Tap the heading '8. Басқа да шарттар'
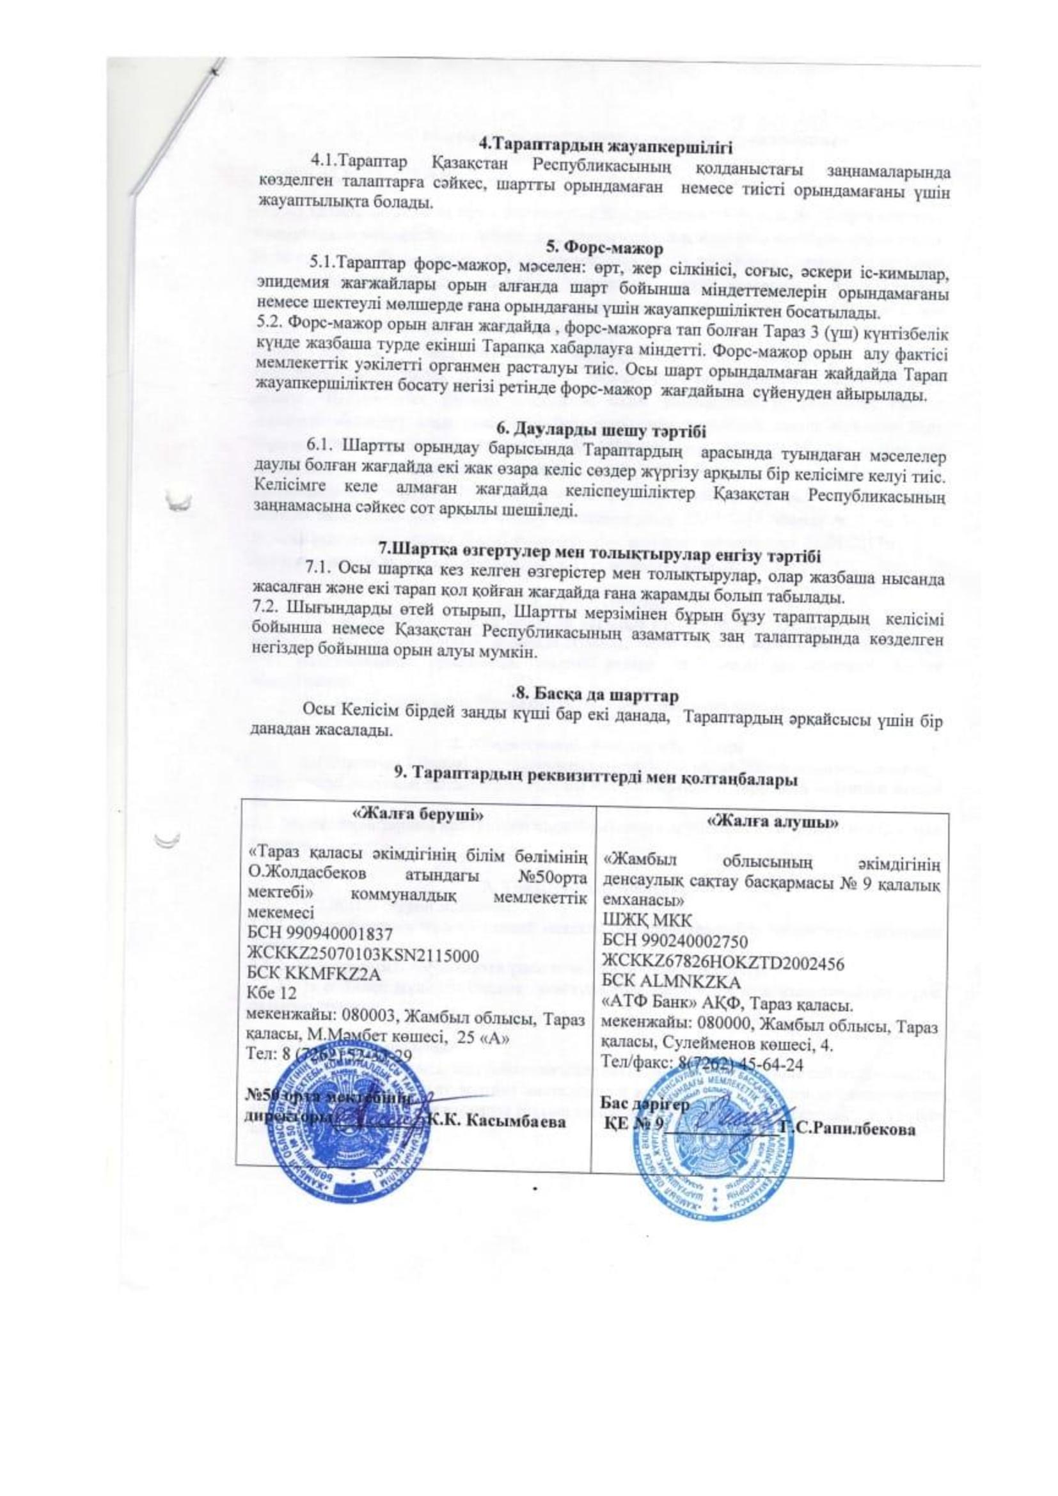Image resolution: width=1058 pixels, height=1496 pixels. tap(597, 695)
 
